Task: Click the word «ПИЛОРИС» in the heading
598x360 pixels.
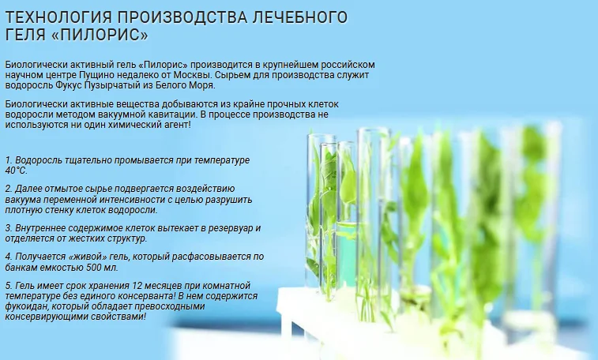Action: tap(104, 36)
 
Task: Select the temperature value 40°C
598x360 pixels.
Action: tap(16, 170)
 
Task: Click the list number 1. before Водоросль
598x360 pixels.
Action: tap(8, 159)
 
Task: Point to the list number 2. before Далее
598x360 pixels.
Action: tap(8, 189)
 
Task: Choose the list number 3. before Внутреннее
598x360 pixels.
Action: tap(8, 228)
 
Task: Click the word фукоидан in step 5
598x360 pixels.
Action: tap(28, 306)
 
